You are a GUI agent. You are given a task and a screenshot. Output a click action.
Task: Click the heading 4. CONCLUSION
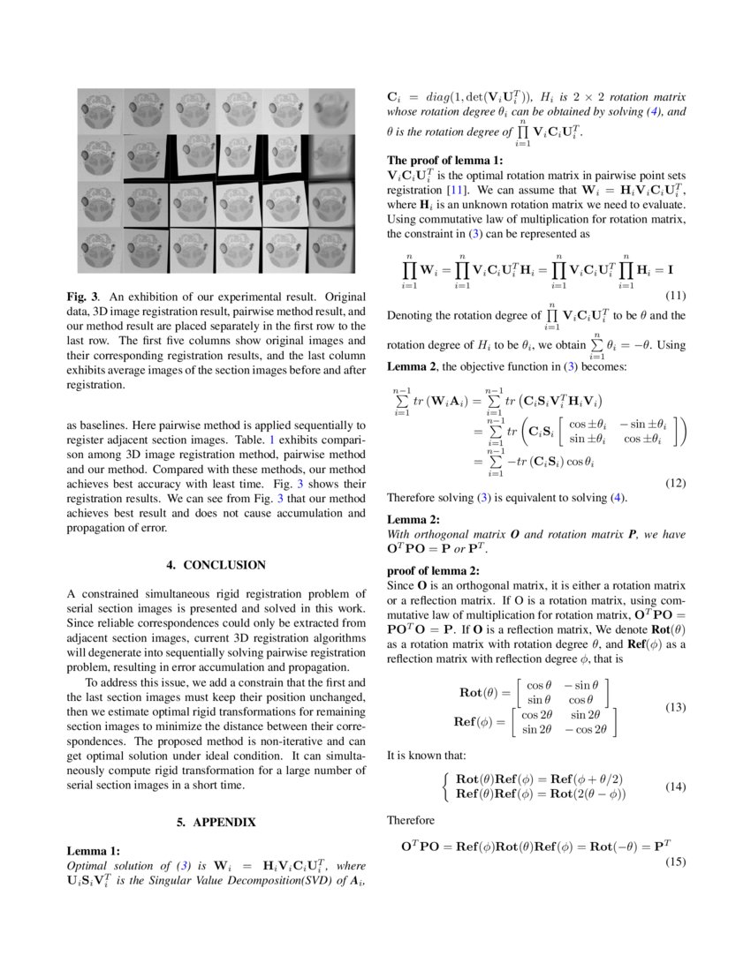pyautogui.click(x=216, y=565)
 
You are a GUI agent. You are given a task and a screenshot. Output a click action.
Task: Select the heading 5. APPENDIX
pyautogui.click(x=216, y=822)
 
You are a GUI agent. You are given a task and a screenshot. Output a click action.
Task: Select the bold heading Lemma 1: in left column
pyautogui.click(x=94, y=851)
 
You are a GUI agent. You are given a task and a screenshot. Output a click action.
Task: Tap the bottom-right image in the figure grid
pyautogui.click(x=331, y=250)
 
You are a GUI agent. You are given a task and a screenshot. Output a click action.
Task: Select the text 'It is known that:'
pyautogui.click(x=428, y=756)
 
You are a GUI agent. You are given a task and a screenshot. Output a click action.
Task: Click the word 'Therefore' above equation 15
pyautogui.click(x=412, y=820)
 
